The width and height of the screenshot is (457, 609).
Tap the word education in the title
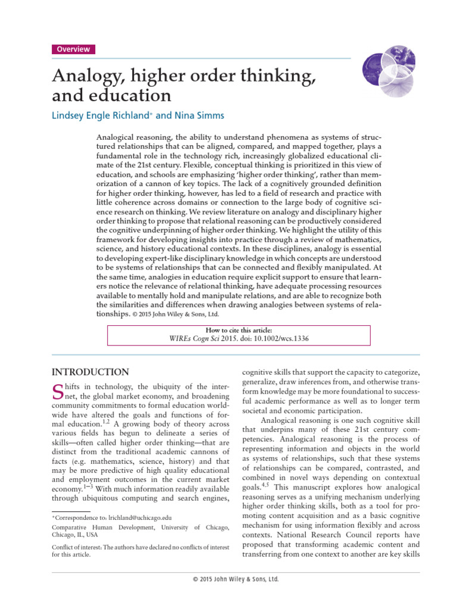coord(134,95)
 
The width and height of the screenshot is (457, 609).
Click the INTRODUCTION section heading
coord(90,373)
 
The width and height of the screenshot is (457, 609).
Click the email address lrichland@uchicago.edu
coord(140,518)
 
